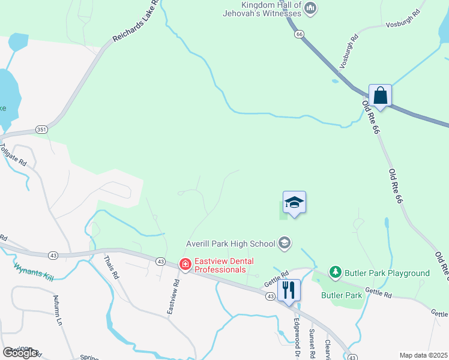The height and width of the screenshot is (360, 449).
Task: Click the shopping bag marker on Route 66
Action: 380,95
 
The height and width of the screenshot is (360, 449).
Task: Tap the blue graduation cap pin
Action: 294,202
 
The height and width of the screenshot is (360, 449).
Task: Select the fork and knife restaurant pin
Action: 289,290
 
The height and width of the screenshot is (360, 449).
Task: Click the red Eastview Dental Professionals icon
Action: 186,265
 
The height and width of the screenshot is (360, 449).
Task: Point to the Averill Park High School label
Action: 230,243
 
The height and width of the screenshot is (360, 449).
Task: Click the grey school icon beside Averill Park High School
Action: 285,243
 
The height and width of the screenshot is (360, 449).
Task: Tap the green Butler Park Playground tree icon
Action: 335,273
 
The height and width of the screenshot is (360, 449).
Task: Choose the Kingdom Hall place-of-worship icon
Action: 310,8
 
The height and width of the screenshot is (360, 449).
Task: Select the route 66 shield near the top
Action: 298,35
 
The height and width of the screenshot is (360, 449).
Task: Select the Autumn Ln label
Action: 58,310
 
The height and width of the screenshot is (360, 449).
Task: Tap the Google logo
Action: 19,353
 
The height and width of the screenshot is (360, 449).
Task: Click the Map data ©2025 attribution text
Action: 423,355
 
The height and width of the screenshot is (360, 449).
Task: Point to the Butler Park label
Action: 342,295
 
